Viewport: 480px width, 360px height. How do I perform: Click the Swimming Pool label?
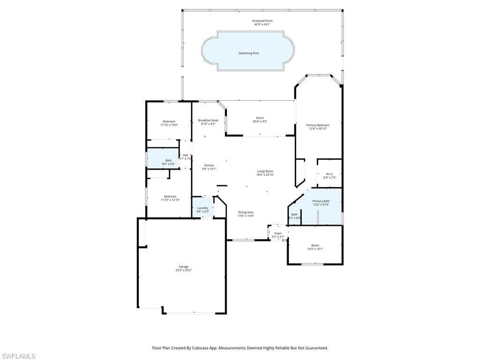coord(248,53)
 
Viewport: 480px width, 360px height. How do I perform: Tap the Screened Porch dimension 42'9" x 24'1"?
coord(262,24)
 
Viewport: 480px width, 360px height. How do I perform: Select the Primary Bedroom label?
coord(318,125)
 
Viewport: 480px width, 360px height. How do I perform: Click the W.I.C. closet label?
coord(330,174)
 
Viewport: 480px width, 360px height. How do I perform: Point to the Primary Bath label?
coord(321,201)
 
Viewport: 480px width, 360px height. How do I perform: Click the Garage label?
coord(183,267)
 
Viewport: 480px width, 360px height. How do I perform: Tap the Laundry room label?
coord(202,208)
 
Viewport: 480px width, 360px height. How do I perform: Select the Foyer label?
coord(278,233)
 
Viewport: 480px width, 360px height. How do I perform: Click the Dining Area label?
coord(246,212)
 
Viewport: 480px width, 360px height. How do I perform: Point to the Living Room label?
coord(265,171)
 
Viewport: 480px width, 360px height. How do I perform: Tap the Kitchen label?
coord(209,165)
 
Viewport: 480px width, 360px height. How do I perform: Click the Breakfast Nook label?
coord(208,120)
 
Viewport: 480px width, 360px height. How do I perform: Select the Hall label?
coord(185,155)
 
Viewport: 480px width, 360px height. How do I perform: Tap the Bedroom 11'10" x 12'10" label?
coord(170,196)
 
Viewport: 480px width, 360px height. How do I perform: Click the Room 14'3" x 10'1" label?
coord(315,245)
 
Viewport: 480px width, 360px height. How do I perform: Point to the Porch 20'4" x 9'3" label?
coord(259,118)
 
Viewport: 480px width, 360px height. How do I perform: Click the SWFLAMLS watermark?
coord(18,356)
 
